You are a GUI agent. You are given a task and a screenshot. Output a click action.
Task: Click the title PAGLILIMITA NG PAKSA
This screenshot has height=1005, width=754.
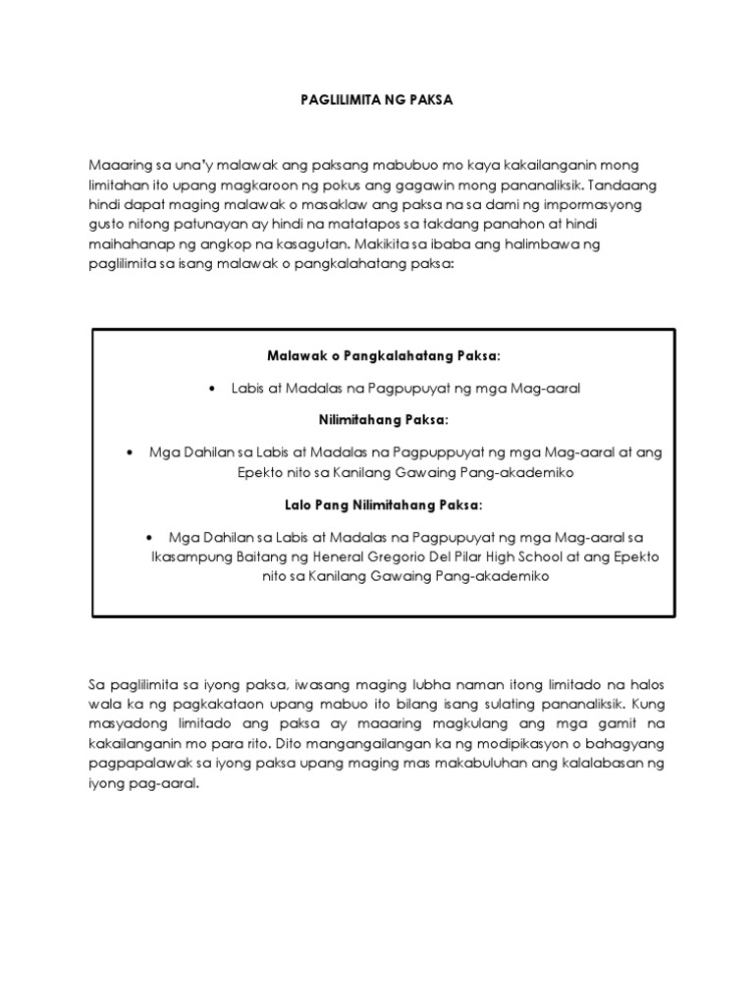pyautogui.click(x=376, y=100)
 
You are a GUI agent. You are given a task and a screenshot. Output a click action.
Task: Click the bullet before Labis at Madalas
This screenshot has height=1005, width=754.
pyautogui.click(x=213, y=389)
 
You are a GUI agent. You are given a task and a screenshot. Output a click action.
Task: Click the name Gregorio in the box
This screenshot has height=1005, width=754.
pyautogui.click(x=401, y=557)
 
